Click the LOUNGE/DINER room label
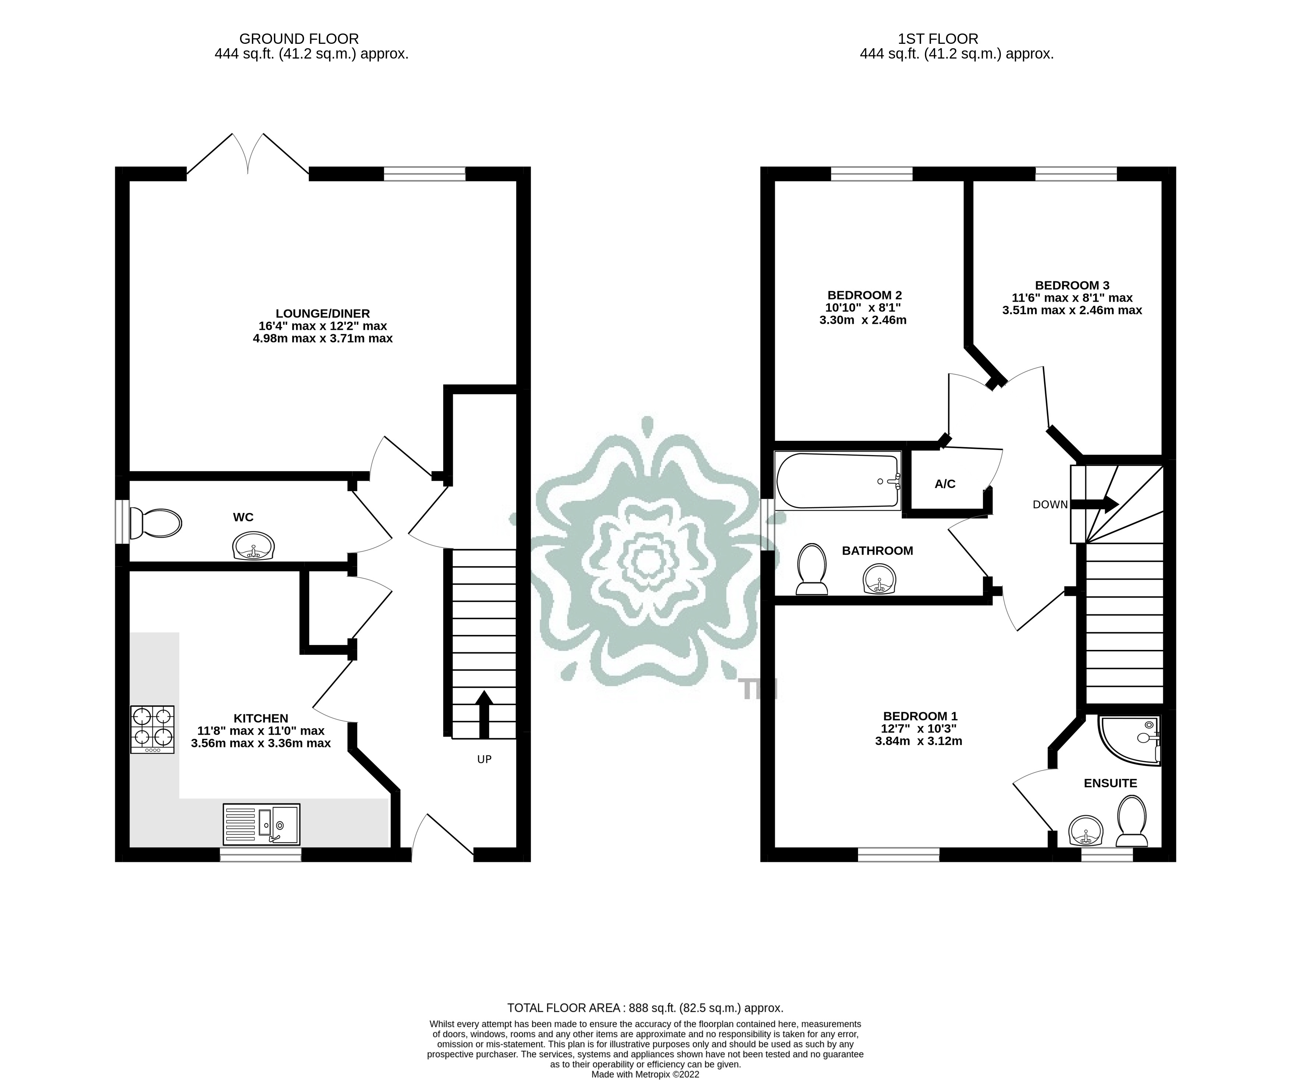tap(322, 314)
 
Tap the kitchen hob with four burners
tap(152, 729)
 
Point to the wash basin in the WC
tap(253, 546)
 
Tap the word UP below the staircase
tap(484, 759)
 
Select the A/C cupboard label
tap(945, 484)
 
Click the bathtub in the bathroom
tap(837, 481)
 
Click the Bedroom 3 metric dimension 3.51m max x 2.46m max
tap(1072, 310)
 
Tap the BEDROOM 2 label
tap(864, 295)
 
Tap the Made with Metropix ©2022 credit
tap(645, 1074)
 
